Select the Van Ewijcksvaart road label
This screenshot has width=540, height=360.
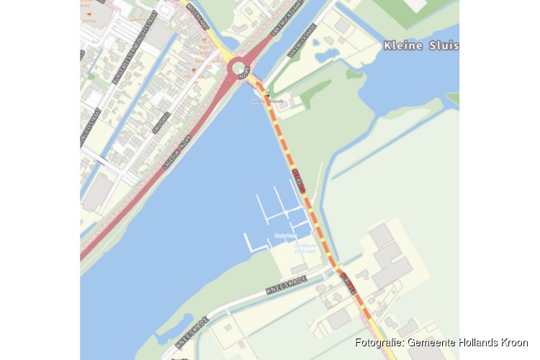(x=285, y=24)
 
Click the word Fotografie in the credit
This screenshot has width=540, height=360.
(x=379, y=343)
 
